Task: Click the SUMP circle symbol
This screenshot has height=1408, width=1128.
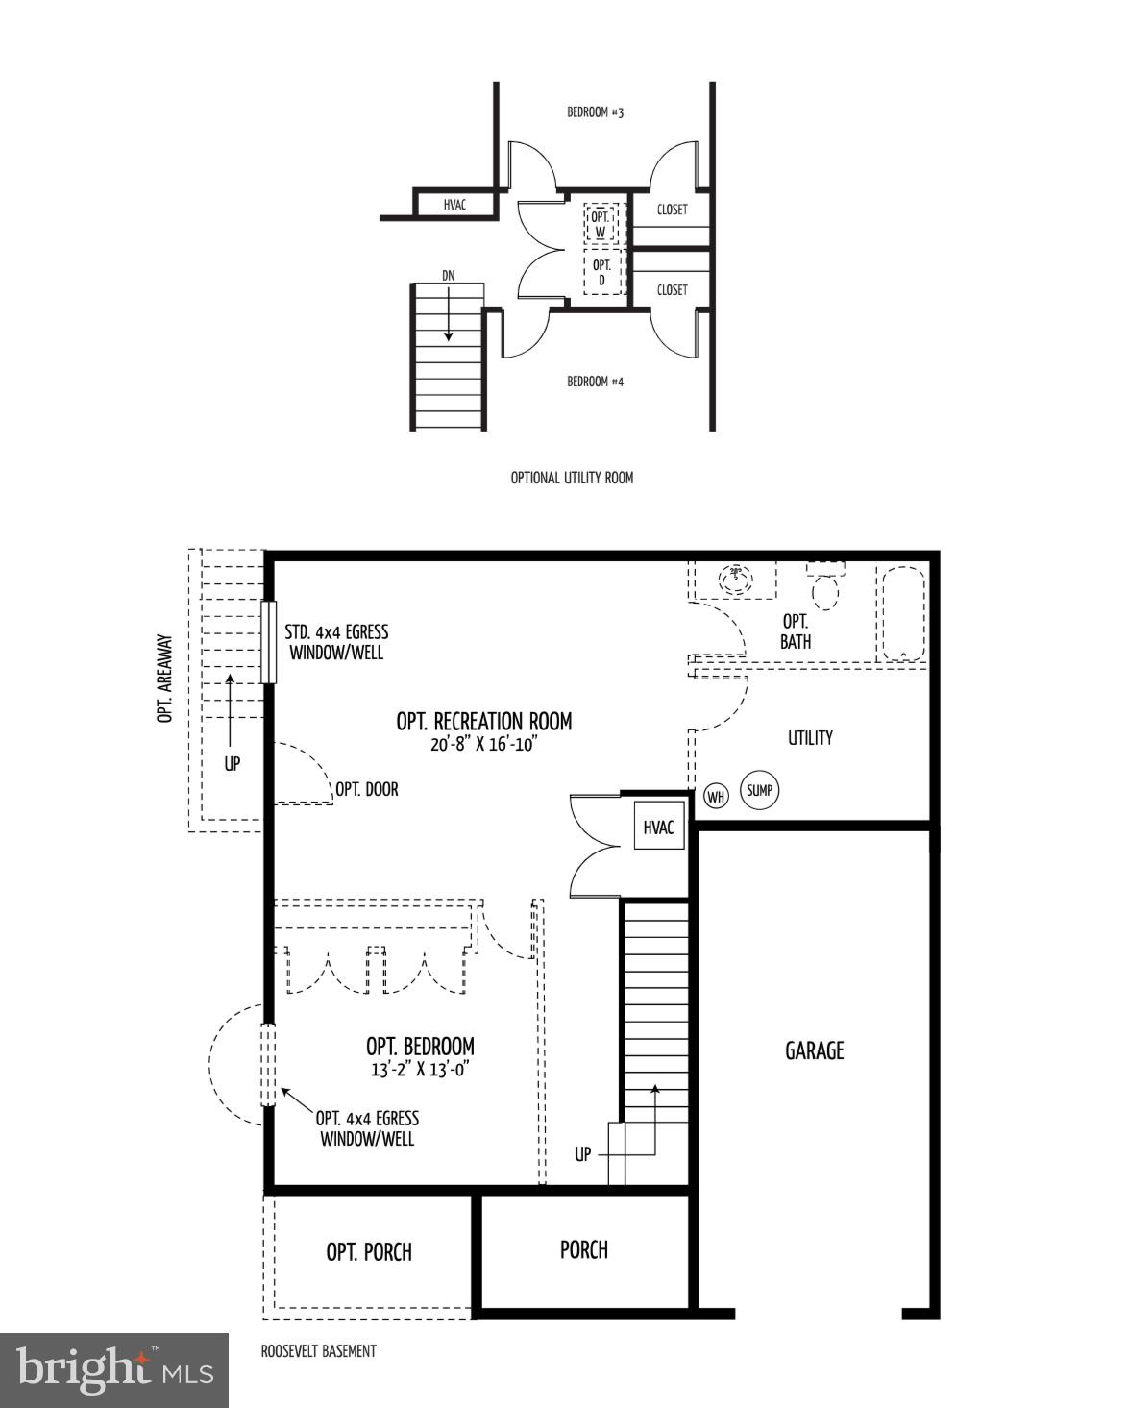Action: [x=759, y=790]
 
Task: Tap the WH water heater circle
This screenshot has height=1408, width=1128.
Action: [x=716, y=796]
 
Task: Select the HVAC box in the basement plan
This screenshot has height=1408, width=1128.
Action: [x=659, y=828]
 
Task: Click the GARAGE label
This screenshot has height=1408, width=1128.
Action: [x=815, y=1050]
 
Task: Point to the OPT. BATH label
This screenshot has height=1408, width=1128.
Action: [x=796, y=631]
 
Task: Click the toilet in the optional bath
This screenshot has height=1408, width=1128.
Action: [x=825, y=586]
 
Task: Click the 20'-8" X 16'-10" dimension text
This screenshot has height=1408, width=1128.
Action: [x=484, y=744]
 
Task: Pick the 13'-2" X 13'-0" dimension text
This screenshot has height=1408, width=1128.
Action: [x=420, y=1069]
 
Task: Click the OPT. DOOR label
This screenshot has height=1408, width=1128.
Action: [x=366, y=789]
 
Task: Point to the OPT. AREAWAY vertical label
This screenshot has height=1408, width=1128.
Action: [x=165, y=678]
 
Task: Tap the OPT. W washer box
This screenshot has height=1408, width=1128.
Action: [x=601, y=225]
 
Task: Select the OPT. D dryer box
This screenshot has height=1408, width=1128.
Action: [x=601, y=272]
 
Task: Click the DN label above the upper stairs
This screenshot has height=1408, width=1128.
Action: [x=448, y=276]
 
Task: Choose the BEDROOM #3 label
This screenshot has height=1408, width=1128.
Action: [x=595, y=112]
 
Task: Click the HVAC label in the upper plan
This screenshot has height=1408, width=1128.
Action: [x=454, y=205]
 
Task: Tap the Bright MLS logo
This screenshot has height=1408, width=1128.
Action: [x=114, y=1370]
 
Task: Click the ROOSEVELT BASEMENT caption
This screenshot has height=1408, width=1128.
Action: [x=318, y=1350]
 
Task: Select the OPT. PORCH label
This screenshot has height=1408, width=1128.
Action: [x=369, y=1252]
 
